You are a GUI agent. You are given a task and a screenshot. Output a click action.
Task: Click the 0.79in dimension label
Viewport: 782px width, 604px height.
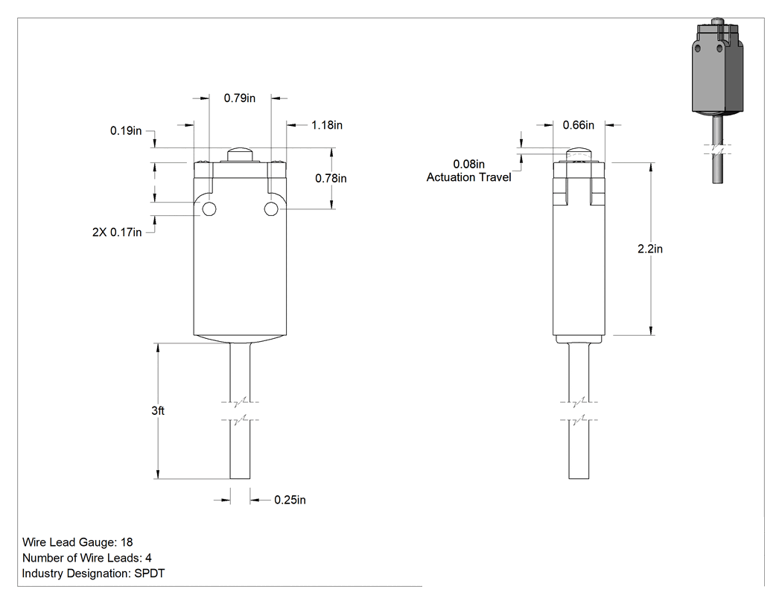pos(239,98)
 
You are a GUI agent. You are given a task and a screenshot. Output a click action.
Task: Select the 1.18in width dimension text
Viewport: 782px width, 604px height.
pos(327,125)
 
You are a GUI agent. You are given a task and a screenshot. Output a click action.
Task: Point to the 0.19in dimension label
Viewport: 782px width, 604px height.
pos(126,130)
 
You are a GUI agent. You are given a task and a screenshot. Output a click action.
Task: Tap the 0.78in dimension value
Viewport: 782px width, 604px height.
pos(331,179)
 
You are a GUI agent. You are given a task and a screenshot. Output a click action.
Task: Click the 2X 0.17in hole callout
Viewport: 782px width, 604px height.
pos(117,232)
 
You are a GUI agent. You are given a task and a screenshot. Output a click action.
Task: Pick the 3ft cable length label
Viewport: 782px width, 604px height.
pos(158,410)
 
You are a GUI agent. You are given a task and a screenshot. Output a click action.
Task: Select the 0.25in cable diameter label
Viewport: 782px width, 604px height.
pos(290,500)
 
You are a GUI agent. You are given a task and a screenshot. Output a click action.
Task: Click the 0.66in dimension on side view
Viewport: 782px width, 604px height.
pos(579,125)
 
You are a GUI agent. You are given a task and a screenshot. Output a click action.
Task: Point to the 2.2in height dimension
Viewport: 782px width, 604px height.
pos(650,249)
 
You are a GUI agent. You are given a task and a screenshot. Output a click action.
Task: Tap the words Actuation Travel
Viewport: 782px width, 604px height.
pos(468,177)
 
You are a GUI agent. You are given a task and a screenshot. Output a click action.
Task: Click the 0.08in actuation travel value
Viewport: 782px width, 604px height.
pos(468,164)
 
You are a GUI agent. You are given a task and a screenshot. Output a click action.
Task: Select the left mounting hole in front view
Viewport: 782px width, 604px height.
pos(209,209)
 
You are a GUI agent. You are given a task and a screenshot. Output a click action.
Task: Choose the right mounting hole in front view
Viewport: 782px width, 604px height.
pos(271,209)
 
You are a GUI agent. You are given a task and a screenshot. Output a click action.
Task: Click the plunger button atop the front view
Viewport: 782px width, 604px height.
pos(240,155)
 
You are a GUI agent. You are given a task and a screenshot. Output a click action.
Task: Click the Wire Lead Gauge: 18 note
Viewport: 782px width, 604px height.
pos(77,542)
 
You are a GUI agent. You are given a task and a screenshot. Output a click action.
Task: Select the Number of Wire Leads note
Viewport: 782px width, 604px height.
pos(87,558)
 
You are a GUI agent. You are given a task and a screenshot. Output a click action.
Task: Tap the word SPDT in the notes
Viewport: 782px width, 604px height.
pos(150,573)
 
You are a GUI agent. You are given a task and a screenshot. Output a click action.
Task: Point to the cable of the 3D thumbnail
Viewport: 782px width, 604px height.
pos(718,150)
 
